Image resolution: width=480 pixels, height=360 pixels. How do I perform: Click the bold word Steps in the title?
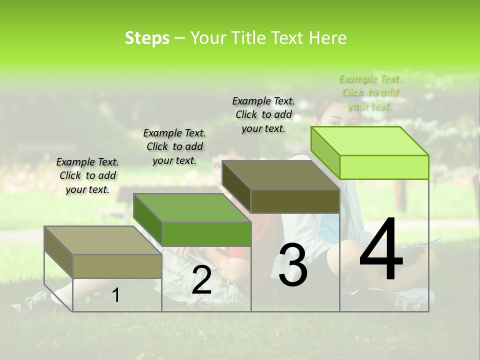point(147,38)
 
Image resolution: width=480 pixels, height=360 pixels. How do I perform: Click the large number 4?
point(381,250)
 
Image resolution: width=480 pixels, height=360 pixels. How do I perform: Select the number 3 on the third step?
point(292,265)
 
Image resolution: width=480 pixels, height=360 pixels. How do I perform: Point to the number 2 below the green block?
point(201,280)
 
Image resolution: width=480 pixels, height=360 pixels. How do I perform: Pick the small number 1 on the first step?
point(116,295)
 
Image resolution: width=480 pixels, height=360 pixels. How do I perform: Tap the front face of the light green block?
point(384,167)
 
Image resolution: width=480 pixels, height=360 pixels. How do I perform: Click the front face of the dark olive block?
point(295,201)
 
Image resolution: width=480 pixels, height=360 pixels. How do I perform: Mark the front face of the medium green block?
point(206,234)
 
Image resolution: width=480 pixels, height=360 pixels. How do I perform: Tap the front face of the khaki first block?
point(117,266)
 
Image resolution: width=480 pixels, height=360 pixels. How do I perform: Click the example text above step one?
point(87,175)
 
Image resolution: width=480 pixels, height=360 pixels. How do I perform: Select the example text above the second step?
point(174,146)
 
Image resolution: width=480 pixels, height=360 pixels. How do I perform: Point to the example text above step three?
point(263,114)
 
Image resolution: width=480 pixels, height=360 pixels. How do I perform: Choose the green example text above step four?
point(369,92)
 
